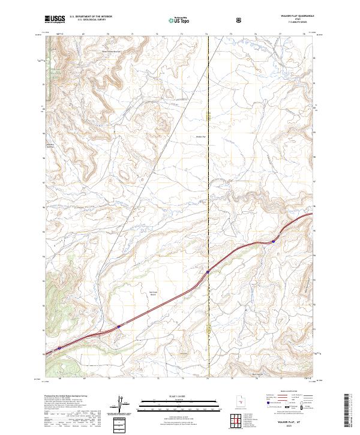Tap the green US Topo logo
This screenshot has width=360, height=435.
point(174,20)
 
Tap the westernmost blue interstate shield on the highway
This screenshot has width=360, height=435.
point(59,348)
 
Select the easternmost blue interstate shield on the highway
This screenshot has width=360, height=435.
point(273,242)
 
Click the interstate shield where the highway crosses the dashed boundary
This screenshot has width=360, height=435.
point(208,272)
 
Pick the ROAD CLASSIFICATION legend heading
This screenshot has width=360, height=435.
point(288,397)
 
